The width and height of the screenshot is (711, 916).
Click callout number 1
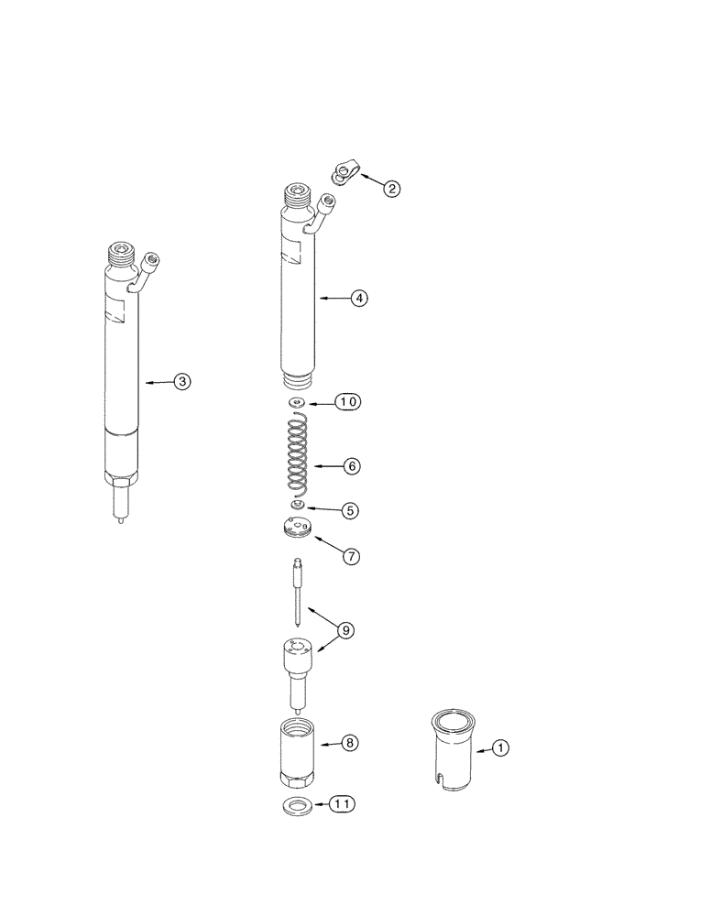[x=500, y=748]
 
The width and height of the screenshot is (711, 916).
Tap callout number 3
[x=182, y=382]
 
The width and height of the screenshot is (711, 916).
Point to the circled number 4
[x=359, y=298]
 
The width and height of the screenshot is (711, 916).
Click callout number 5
[x=351, y=509]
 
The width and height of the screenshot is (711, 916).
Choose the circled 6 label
[x=351, y=465]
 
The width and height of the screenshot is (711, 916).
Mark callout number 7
[x=351, y=555]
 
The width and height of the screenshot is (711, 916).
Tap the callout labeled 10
[x=347, y=401]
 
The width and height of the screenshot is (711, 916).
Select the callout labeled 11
[x=341, y=805]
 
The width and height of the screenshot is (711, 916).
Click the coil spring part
[x=296, y=455]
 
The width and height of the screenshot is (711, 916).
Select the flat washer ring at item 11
[x=293, y=806]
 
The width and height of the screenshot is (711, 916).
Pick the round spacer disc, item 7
[x=295, y=529]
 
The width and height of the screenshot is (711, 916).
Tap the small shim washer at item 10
[x=295, y=402]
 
